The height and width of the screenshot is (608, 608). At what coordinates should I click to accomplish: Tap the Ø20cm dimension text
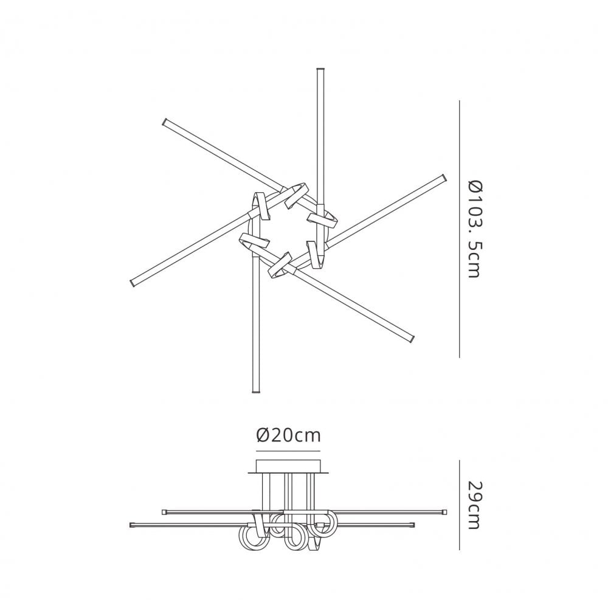click(288, 435)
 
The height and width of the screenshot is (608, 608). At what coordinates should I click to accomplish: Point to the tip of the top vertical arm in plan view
click(320, 72)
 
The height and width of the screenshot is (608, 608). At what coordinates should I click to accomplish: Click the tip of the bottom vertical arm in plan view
click(255, 392)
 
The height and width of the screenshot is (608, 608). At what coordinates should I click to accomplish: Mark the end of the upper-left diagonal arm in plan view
click(165, 122)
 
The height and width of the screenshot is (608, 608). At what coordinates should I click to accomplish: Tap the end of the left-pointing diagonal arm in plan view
click(133, 283)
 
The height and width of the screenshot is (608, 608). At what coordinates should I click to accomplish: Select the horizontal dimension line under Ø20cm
click(288, 451)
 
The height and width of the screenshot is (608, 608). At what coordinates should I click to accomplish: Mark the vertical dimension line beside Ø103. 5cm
click(458, 228)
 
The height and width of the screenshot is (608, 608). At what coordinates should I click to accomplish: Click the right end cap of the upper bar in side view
click(444, 512)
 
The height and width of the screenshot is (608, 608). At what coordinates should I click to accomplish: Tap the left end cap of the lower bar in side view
click(133, 524)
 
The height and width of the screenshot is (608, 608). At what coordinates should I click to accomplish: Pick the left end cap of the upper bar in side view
click(164, 512)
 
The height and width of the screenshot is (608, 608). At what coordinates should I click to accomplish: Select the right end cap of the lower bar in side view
click(413, 524)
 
